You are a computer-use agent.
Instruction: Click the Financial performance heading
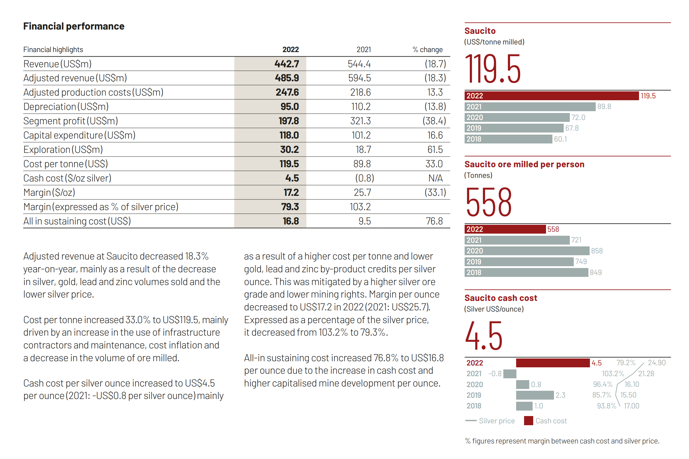point(74,26)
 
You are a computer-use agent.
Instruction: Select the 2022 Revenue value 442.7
point(287,64)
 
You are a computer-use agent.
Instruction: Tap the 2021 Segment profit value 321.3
point(360,121)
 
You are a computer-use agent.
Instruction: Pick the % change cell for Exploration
point(435,150)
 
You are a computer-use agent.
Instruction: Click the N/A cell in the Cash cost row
point(435,178)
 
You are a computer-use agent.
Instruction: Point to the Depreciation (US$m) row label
point(66,107)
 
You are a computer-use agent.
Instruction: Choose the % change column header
point(427,50)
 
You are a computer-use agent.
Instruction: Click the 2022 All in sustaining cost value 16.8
point(291,221)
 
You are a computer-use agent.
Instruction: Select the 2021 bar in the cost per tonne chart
point(530,107)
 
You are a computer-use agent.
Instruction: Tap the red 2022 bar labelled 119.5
point(552,96)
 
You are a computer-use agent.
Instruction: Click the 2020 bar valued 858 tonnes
point(527,251)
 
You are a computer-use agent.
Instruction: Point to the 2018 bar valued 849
point(526,272)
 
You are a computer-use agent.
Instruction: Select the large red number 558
point(489,202)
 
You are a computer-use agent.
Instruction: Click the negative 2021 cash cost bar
point(510,374)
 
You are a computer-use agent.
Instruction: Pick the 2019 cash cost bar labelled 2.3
point(535,395)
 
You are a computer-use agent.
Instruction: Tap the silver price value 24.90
point(657,363)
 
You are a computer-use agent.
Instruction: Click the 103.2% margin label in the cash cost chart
point(613,374)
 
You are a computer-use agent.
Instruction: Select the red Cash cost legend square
point(528,421)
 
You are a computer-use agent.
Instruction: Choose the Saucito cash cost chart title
point(501,298)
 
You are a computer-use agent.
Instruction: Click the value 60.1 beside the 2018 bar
point(560,139)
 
